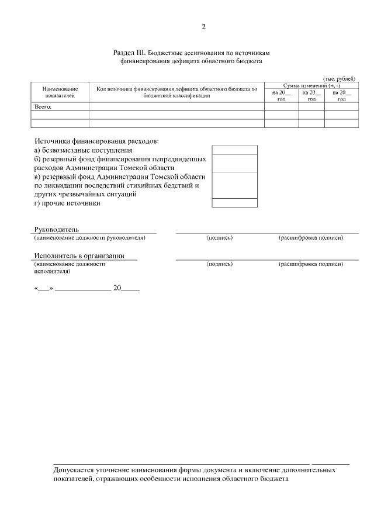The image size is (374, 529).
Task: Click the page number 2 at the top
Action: coord(203,26)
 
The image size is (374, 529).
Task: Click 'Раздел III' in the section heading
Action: coord(130,52)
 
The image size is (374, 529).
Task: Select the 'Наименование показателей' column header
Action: coord(60,92)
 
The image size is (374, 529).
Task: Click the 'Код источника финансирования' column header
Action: coord(176,92)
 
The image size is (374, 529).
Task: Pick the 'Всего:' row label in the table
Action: coord(44,107)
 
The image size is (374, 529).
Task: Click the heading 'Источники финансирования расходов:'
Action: coord(96,141)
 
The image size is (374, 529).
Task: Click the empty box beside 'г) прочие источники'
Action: coord(234,203)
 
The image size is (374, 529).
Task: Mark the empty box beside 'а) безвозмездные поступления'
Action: coord(234,150)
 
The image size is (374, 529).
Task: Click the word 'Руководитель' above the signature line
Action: coord(56,229)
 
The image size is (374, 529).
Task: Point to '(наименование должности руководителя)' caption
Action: coord(89,238)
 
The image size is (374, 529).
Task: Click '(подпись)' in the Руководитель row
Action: coord(220,238)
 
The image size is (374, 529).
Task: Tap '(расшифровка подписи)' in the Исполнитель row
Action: coord(310,264)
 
